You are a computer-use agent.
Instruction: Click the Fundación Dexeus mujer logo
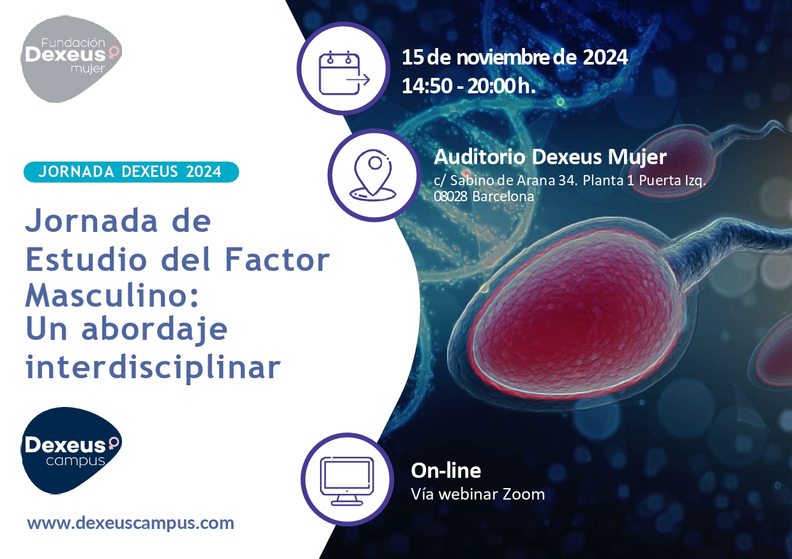[71, 59]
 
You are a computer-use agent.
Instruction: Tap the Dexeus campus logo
[71, 450]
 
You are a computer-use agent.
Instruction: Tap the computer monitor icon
[347, 481]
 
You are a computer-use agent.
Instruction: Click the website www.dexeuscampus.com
[130, 523]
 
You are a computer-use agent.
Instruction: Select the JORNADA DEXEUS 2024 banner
[131, 172]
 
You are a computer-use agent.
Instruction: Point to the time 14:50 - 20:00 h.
[468, 86]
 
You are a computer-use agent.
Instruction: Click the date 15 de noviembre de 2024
[515, 57]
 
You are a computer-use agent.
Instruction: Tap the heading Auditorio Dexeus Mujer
[550, 157]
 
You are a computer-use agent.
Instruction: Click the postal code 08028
[450, 196]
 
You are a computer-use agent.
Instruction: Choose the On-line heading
[446, 471]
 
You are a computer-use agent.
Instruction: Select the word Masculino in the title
[112, 296]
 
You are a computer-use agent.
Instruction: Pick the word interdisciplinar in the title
[153, 368]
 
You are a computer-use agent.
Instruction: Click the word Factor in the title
[277, 259]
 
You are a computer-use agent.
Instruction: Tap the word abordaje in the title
[154, 330]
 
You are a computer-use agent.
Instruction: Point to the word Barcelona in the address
[503, 196]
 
